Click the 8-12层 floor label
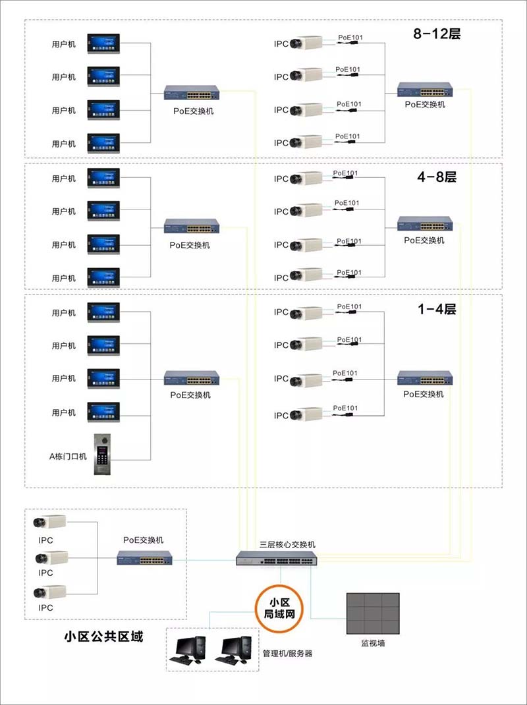pos(437,34)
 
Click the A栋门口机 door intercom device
pos(103,455)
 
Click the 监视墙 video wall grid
pos(373,613)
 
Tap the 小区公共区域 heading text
pos(103,636)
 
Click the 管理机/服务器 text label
pos(287,654)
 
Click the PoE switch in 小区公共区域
pos(144,559)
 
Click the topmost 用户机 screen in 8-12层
pos(103,43)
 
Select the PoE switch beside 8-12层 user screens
pos(192,92)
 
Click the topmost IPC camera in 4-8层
pos(306,178)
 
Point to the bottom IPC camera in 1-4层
pos(306,414)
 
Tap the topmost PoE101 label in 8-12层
pos(349,37)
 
